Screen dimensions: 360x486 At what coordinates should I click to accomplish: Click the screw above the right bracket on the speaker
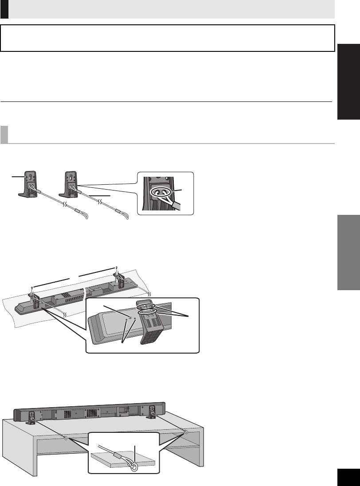click(x=116, y=268)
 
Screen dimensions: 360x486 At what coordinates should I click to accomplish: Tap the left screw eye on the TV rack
click(x=66, y=439)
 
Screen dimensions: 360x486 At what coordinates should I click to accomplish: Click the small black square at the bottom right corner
click(x=347, y=477)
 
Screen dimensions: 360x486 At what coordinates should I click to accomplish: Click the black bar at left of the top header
click(x=4, y=9)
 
